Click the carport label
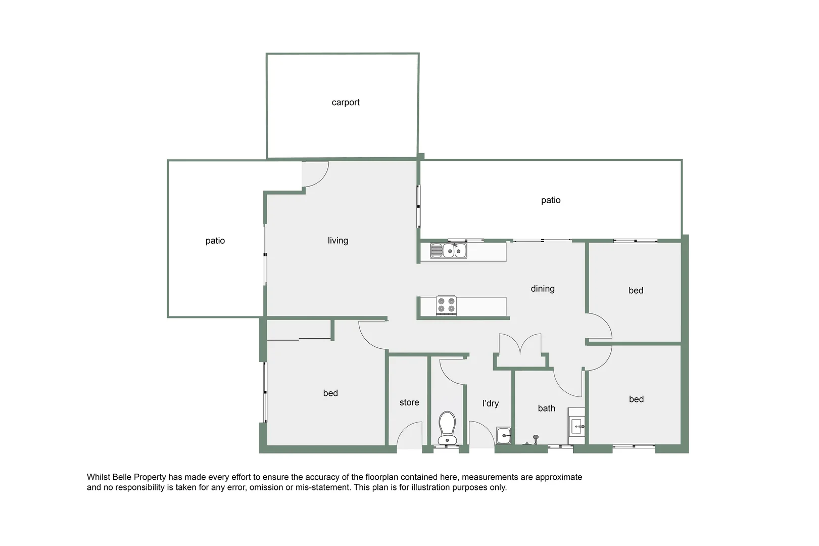346,102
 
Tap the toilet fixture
447,428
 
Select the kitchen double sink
449,250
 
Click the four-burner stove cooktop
446,305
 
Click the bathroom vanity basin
577,427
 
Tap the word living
338,241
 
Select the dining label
542,289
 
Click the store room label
409,402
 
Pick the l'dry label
490,403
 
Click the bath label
546,408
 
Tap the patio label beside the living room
215,241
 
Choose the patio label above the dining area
550,200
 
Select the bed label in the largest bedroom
330,393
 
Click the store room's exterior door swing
409,436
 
